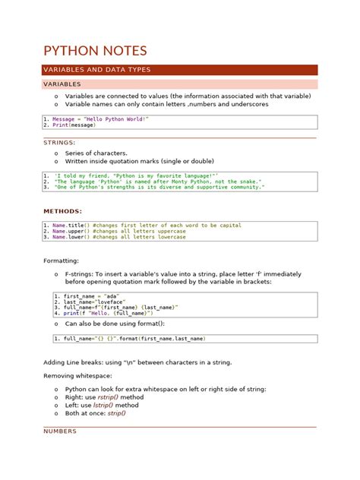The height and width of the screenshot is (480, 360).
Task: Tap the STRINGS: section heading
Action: point(59,142)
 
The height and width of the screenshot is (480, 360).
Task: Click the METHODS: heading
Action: point(62,211)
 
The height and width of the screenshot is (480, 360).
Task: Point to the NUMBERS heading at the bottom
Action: point(60,431)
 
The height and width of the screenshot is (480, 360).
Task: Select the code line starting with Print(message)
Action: point(74,125)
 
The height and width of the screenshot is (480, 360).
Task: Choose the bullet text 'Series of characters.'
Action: point(96,153)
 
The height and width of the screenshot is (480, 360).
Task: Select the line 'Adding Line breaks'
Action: point(137,362)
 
